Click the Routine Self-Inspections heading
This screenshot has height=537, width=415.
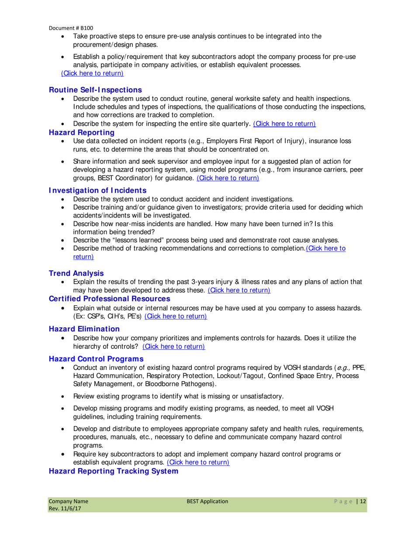pos(95,90)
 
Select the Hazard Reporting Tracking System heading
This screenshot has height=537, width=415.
pos(113,471)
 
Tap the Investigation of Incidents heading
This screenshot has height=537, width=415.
pos(97,190)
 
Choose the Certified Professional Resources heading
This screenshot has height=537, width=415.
pos(109,299)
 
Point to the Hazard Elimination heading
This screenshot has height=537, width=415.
pos(84,328)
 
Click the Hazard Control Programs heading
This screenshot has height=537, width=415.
pos(96,358)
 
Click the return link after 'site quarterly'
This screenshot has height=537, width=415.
pos(284,124)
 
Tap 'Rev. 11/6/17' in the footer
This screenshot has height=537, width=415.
pos(64,509)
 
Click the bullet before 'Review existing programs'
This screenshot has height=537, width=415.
pos(64,396)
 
